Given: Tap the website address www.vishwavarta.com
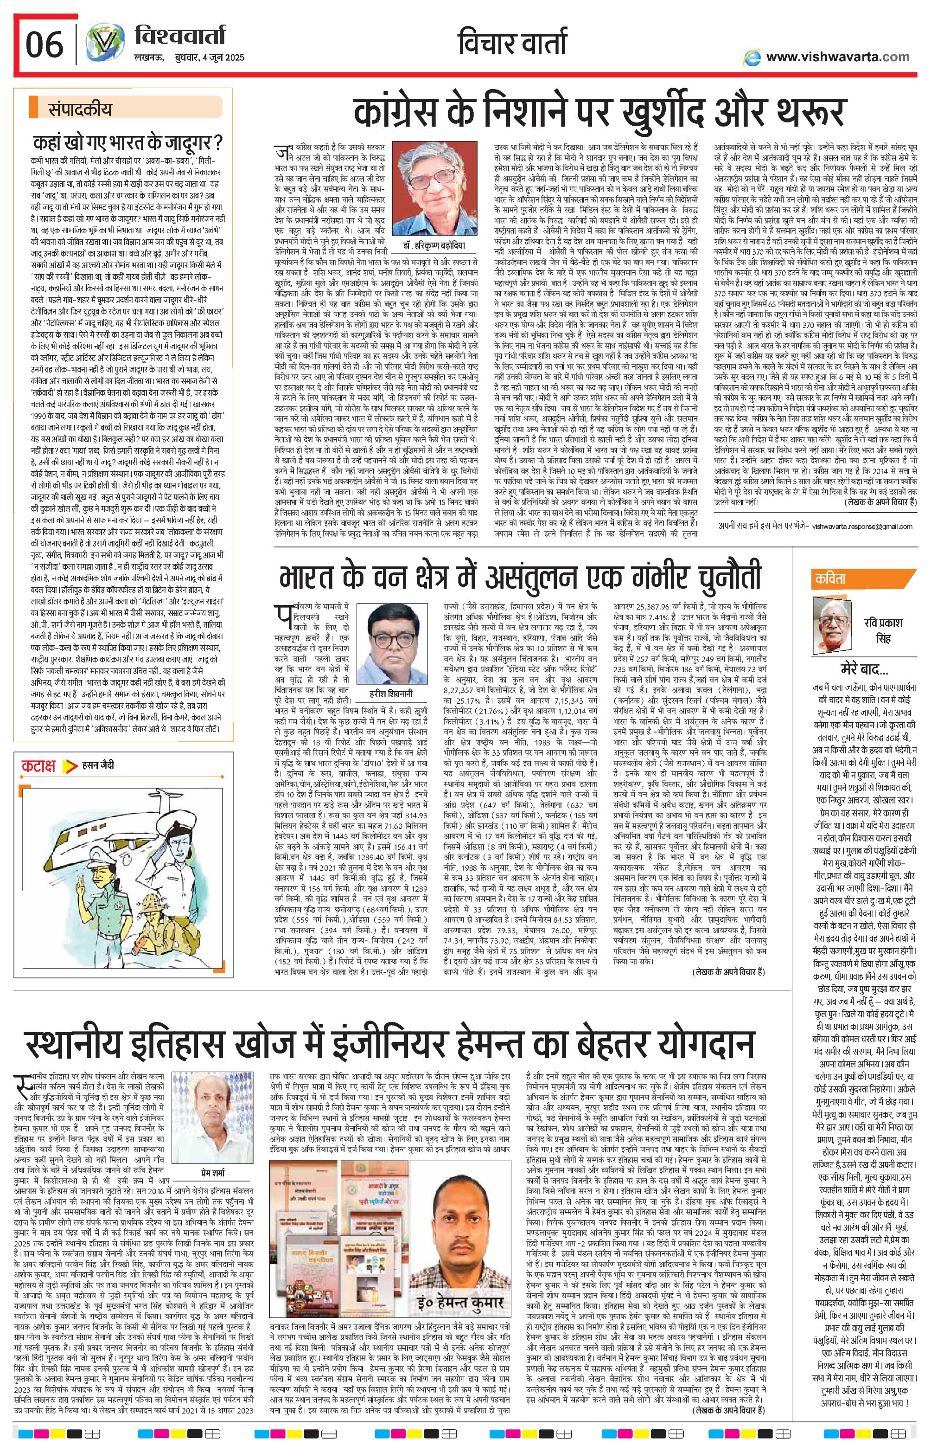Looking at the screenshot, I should [x=837, y=57].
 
